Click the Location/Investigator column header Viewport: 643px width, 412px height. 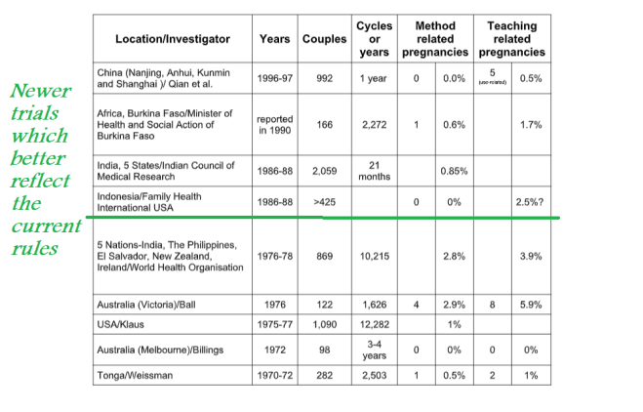173,39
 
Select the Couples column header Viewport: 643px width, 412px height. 324,39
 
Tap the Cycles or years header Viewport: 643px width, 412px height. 375,38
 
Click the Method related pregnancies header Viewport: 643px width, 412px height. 435,38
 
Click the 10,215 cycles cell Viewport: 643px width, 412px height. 375,256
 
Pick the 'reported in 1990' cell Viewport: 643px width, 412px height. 274,125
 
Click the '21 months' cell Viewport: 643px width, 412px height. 375,170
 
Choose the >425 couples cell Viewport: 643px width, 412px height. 324,201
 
